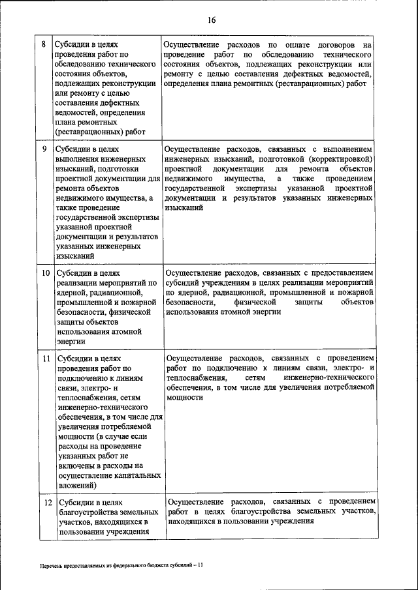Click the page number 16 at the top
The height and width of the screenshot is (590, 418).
[212, 20]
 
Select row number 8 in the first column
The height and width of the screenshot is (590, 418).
[44, 45]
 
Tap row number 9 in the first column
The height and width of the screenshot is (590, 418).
[44, 149]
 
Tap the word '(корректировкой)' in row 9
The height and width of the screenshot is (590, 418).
[340, 159]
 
